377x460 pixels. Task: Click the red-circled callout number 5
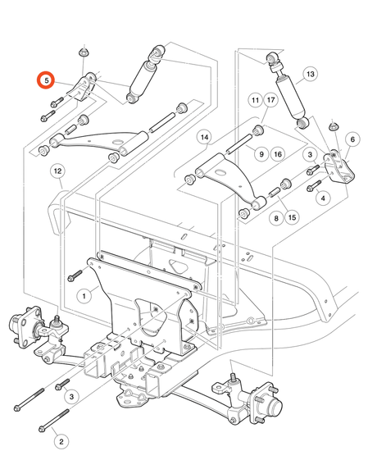(46, 80)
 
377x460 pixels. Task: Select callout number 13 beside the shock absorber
(310, 75)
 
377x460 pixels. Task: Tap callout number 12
(57, 171)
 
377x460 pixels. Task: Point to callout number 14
(205, 137)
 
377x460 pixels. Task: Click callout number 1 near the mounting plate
(84, 296)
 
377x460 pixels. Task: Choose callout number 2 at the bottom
(61, 441)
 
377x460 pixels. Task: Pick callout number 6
(352, 139)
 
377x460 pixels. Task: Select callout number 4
(324, 198)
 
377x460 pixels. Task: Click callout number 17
(271, 100)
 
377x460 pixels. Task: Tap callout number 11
(256, 100)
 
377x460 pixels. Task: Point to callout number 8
(276, 218)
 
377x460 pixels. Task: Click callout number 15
(292, 217)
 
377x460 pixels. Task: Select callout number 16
(278, 154)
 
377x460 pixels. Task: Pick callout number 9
(261, 154)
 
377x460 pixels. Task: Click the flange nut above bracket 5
(84, 52)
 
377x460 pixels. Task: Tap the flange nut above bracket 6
(333, 127)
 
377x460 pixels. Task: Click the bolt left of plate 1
(75, 276)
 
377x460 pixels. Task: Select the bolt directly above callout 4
(314, 185)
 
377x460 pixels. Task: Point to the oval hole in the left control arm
(117, 142)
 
